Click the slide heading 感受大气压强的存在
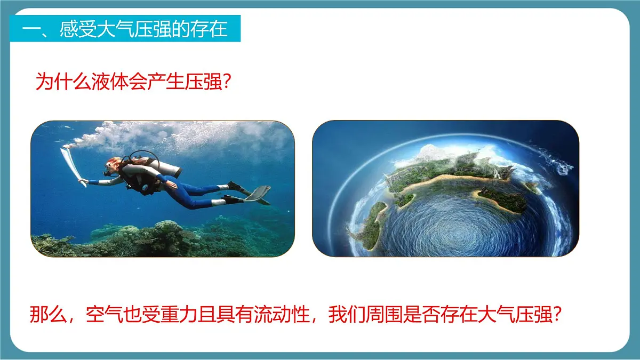(126, 28)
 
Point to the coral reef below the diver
(160, 237)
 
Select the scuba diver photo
(163, 188)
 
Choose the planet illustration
(445, 188)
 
